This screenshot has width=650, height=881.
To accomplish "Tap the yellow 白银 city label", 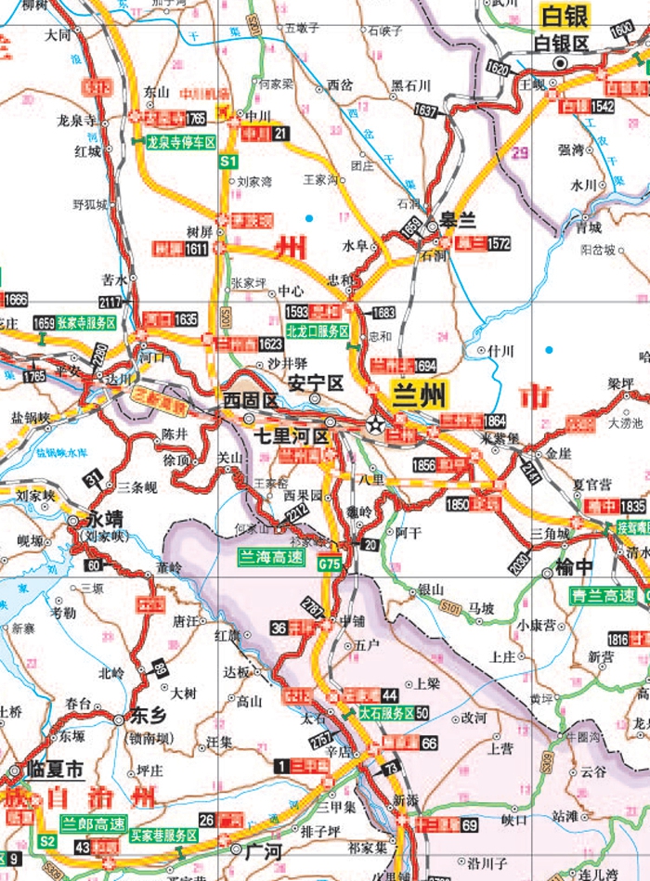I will [566, 15].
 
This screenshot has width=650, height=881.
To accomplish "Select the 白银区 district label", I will [562, 43].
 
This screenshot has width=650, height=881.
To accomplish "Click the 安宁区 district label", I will [316, 382].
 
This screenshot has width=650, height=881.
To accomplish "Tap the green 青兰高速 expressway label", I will [604, 596].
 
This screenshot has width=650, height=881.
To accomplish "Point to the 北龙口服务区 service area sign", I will [318, 330].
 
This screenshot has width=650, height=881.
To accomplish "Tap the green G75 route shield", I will [330, 564].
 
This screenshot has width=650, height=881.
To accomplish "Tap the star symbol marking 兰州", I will [375, 424].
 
